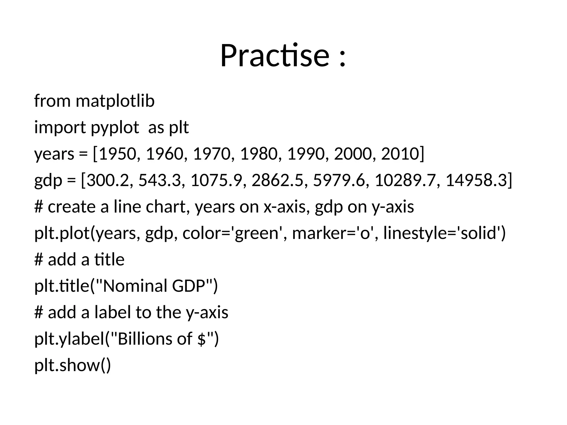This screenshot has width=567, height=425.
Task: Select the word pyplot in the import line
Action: click(115, 128)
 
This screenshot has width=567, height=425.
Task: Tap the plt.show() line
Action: click(73, 365)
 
